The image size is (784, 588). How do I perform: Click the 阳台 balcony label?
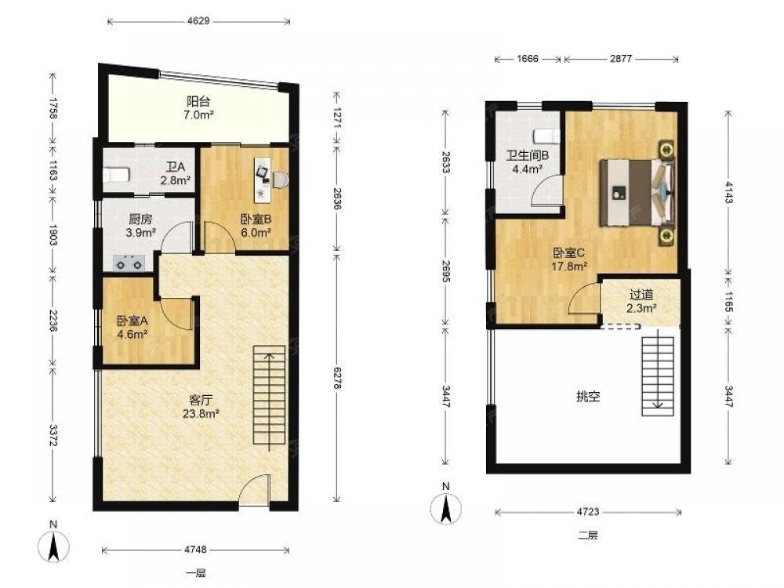pos(198,101)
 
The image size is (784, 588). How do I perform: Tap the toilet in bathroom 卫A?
pos(117,175)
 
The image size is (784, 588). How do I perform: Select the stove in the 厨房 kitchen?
pos(129,263)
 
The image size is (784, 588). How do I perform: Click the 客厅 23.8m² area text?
pos(201,406)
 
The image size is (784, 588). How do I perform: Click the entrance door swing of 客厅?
pos(255,491)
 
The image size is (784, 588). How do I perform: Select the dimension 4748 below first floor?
pos(195,550)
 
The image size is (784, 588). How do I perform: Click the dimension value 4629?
pos(198,20)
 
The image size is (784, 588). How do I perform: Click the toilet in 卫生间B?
pos(546,136)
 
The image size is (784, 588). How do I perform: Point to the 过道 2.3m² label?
pos(641,302)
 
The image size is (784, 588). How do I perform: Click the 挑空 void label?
pos(588,397)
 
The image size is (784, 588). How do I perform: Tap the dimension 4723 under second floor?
pos(588,511)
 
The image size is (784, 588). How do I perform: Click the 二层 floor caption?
pos(588,535)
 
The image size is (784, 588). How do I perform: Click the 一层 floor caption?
pos(196,574)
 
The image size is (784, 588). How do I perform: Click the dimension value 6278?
pos(337,379)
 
